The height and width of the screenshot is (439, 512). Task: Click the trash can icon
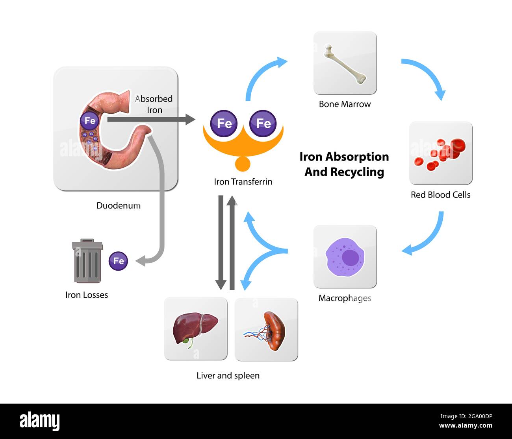(x=87, y=261)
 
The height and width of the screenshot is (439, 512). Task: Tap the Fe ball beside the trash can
(x=118, y=261)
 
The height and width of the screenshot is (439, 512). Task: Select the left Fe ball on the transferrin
(x=224, y=124)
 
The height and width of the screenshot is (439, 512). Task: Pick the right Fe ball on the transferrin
(x=263, y=124)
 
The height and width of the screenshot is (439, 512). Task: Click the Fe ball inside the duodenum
(x=90, y=121)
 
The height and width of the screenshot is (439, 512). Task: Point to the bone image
(x=345, y=64)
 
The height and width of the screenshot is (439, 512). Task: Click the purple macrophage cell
(x=345, y=256)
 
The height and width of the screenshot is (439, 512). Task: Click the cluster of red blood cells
(x=441, y=153)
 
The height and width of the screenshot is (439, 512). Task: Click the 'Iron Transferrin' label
(x=243, y=182)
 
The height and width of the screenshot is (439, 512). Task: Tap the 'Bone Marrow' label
(x=345, y=104)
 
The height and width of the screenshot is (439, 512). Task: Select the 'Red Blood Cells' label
(x=440, y=195)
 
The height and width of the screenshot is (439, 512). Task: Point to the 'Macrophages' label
(x=345, y=298)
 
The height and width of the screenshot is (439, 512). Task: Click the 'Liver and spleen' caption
(x=228, y=376)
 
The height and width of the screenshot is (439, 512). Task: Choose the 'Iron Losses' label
(x=87, y=295)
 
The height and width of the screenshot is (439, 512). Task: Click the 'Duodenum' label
(x=119, y=205)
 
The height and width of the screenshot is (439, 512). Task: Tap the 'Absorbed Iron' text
(x=154, y=104)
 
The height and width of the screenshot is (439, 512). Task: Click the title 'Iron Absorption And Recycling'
(x=344, y=164)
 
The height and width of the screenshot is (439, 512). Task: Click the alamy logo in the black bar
(x=40, y=421)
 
